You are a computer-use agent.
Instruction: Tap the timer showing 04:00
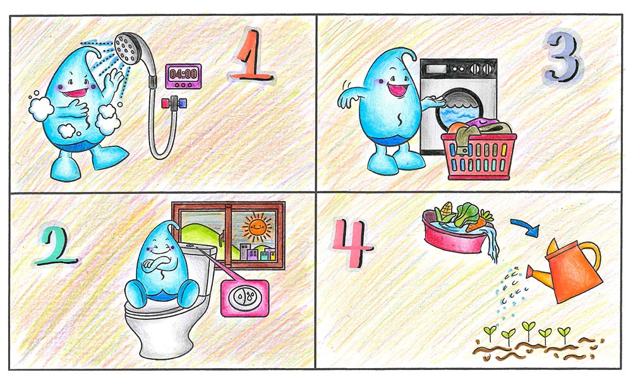coord(183,76)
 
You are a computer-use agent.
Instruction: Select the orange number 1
coord(250,54)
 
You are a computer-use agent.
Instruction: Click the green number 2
coord(56,246)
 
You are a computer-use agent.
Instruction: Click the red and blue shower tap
coord(174,104)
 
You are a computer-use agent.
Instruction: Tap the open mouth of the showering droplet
coord(75,93)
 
